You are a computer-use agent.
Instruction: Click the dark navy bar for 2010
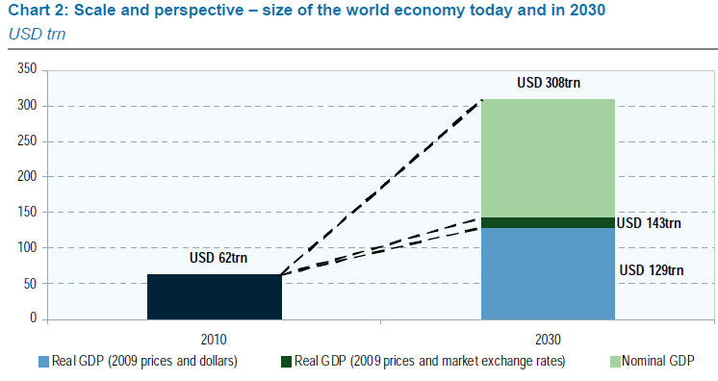pyautogui.click(x=214, y=296)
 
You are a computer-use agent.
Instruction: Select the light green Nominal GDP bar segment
pyautogui.click(x=547, y=158)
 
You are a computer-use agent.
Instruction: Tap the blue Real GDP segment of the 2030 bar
pyautogui.click(x=547, y=273)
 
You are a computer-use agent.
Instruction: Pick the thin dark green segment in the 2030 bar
pyautogui.click(x=547, y=222)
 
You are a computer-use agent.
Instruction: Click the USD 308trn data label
pyautogui.click(x=549, y=83)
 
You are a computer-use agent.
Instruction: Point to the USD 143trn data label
pyautogui.click(x=649, y=223)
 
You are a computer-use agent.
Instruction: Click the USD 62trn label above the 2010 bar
pyautogui.click(x=215, y=259)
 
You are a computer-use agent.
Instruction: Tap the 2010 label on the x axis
pyautogui.click(x=215, y=339)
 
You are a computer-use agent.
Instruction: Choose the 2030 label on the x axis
pyautogui.click(x=547, y=339)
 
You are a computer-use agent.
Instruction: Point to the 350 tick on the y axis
pyautogui.click(x=26, y=70)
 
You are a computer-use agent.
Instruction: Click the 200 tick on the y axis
pyautogui.click(x=26, y=177)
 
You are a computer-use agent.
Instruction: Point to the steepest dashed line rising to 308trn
pyautogui.click(x=385, y=184)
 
